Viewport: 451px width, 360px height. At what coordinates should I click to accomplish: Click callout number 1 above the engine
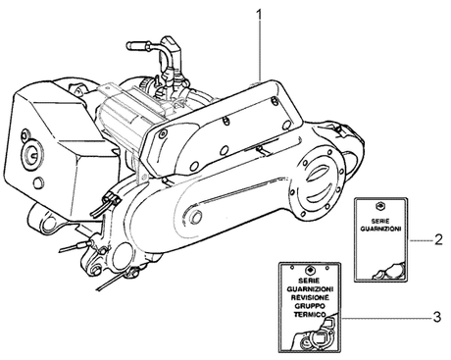pyautogui.click(x=259, y=15)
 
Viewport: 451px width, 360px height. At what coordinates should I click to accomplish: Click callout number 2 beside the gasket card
pyautogui.click(x=438, y=240)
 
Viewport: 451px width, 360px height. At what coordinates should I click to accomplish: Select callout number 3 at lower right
pyautogui.click(x=437, y=317)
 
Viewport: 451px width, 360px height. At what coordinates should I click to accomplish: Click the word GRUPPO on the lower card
pyautogui.click(x=310, y=306)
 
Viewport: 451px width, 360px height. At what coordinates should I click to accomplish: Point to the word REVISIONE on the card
pyautogui.click(x=310, y=297)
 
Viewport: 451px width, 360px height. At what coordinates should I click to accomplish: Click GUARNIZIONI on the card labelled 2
pyautogui.click(x=380, y=229)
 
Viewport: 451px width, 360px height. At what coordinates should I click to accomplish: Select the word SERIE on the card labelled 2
pyautogui.click(x=380, y=222)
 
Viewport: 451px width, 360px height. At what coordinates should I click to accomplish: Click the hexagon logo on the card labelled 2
pyautogui.click(x=380, y=206)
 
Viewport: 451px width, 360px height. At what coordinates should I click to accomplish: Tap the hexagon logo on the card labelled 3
pyautogui.click(x=309, y=270)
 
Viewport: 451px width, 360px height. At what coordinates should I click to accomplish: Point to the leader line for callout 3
pyautogui.click(x=385, y=318)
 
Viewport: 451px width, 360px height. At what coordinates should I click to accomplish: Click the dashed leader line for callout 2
pyautogui.click(x=421, y=240)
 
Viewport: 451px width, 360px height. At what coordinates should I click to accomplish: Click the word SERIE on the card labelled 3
pyautogui.click(x=309, y=281)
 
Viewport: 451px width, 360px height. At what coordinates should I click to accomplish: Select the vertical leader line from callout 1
pyautogui.click(x=260, y=51)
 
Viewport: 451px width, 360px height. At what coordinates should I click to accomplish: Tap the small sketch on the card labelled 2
pyautogui.click(x=389, y=271)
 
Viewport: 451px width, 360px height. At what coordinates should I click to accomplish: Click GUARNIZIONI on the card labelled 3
pyautogui.click(x=310, y=289)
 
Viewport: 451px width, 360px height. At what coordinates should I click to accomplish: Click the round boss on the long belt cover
pyautogui.click(x=196, y=216)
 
